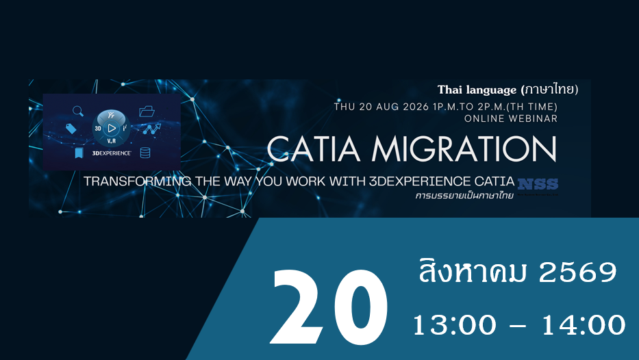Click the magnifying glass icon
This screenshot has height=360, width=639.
click(x=78, y=111)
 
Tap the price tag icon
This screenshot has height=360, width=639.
click(x=71, y=129)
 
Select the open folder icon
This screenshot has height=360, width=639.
click(x=147, y=111)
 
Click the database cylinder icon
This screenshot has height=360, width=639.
click(x=145, y=153)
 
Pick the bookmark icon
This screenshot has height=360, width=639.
click(x=79, y=153)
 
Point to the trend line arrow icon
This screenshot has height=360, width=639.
click(x=152, y=129)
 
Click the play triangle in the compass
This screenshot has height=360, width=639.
click(x=111, y=128)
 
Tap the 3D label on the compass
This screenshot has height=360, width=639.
click(x=98, y=129)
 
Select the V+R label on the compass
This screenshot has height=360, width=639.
click(x=111, y=141)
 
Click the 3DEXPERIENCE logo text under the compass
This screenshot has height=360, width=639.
click(x=112, y=153)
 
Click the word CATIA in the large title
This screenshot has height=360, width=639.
click(x=314, y=149)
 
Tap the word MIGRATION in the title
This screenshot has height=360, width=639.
click(x=464, y=149)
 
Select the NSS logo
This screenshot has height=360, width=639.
click(x=538, y=185)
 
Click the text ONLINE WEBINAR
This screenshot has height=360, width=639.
click(x=511, y=118)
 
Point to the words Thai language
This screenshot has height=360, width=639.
click(x=477, y=90)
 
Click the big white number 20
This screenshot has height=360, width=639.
click(x=329, y=307)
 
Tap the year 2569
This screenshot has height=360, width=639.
click(x=578, y=272)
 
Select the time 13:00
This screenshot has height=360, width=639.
click(x=455, y=325)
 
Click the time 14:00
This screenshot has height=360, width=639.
click(x=583, y=325)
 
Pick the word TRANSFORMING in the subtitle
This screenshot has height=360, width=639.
click(x=138, y=181)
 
